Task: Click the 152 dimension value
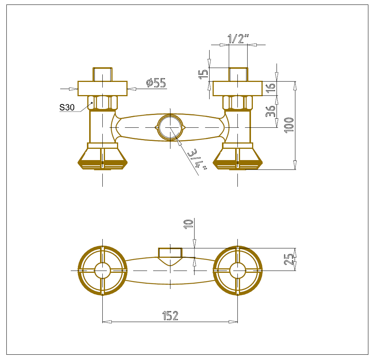(170, 316)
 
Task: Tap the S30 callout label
(67, 107)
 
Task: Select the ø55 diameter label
(156, 83)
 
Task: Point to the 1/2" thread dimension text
(238, 39)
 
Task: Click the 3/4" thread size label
(197, 159)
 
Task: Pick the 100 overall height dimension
(289, 125)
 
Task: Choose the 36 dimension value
(271, 111)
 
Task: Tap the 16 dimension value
(271, 88)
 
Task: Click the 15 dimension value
(204, 74)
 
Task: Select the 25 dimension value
(289, 259)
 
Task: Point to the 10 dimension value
(188, 224)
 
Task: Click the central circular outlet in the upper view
(170, 127)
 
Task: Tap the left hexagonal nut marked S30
(103, 103)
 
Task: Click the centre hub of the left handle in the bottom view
(103, 271)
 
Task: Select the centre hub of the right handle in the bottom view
(237, 271)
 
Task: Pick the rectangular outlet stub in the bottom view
(170, 253)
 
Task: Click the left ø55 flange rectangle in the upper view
(103, 88)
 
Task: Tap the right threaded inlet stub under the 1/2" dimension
(238, 74)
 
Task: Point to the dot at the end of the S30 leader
(92, 103)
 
